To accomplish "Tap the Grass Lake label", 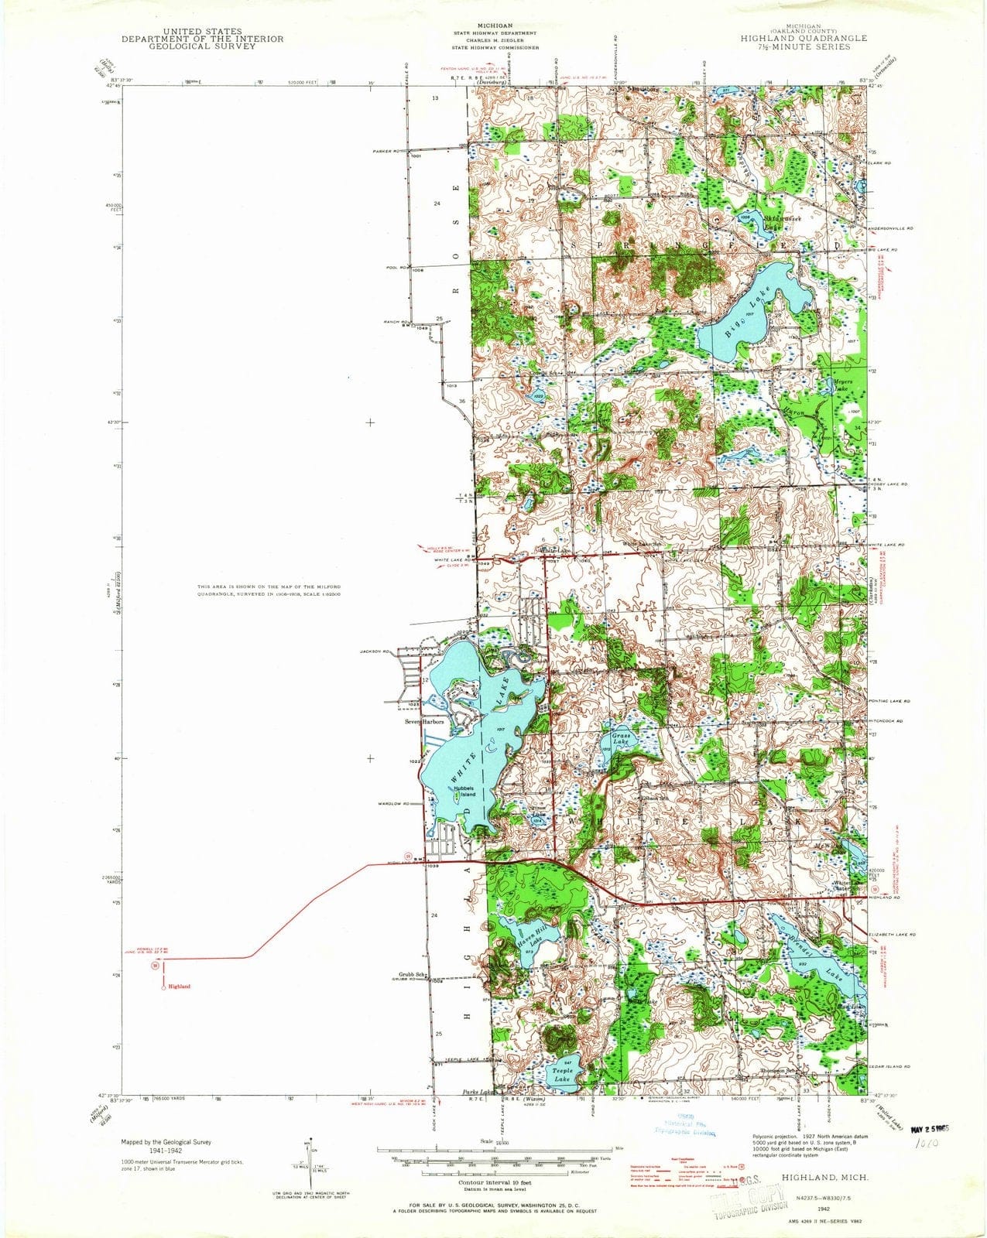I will click(x=622, y=737).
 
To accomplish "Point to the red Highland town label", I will click(x=179, y=987).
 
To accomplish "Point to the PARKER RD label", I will click(x=386, y=150).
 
